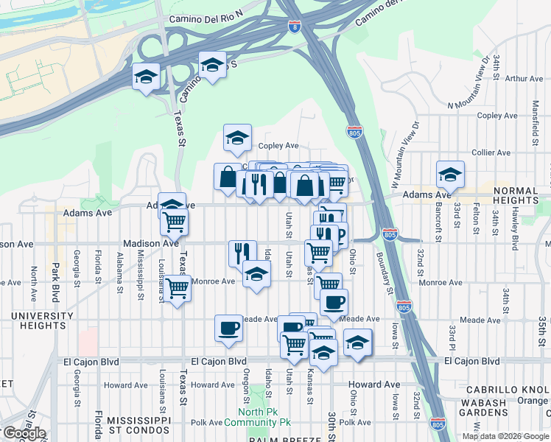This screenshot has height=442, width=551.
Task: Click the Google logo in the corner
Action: [24, 433]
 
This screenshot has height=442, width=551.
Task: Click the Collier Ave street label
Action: [492, 152]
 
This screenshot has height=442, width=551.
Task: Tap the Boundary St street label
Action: [380, 269]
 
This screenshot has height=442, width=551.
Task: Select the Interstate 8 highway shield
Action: [295, 28]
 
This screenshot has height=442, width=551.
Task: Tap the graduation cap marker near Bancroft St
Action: [450, 175]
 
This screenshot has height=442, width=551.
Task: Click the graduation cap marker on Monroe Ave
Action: [256, 275]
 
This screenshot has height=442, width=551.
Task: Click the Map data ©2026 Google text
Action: [506, 436]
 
